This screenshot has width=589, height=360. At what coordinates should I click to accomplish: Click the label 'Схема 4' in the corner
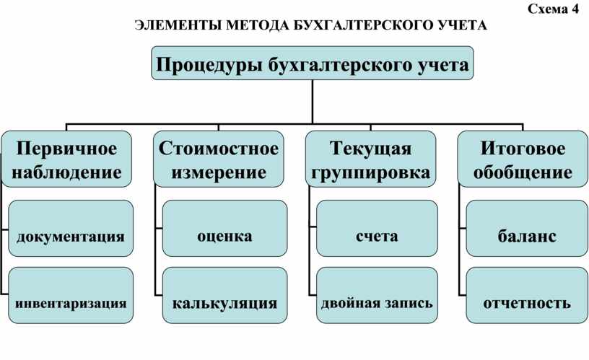tap(553, 9)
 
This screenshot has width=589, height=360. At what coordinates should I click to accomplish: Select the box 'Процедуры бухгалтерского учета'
tap(312, 63)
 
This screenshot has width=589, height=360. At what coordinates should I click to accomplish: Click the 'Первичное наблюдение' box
tap(66, 159)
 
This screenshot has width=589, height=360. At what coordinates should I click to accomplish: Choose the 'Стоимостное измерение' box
tap(219, 159)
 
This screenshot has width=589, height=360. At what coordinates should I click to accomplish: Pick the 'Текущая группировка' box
tap(371, 159)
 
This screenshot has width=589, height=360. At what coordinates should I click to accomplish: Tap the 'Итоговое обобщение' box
tap(523, 159)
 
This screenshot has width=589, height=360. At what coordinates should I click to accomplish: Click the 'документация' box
tap(71, 228)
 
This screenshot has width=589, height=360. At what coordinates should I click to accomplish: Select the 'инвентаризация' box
tap(71, 296)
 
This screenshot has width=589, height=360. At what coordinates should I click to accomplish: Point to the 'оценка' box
tap(224, 228)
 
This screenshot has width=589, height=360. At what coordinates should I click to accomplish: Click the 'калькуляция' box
tap(224, 296)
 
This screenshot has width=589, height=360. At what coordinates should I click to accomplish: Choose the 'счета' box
tap(377, 228)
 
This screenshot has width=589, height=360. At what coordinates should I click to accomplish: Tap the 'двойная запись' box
tap(377, 296)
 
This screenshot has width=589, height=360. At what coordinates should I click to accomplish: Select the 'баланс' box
tap(527, 228)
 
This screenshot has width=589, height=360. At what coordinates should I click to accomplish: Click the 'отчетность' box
tap(527, 296)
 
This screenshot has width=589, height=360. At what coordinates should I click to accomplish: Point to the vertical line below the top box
tap(312, 102)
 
